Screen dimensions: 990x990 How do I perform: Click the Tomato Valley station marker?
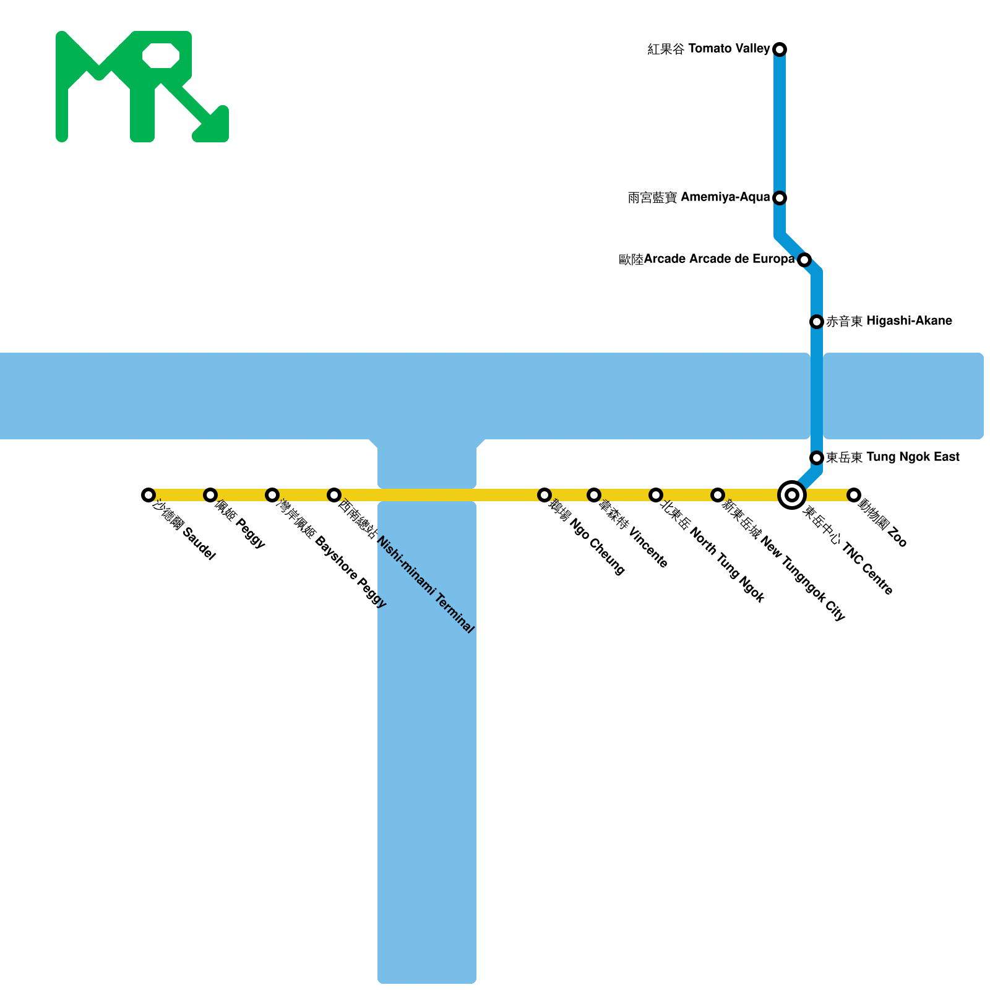click(780, 49)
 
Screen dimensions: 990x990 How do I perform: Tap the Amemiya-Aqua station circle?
click(780, 197)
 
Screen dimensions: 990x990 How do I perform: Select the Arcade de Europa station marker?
click(804, 259)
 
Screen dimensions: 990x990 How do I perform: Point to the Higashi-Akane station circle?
click(817, 321)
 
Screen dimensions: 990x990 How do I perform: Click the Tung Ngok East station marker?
click(817, 457)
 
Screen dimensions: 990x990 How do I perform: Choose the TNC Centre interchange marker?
click(792, 494)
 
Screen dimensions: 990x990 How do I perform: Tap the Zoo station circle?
click(854, 494)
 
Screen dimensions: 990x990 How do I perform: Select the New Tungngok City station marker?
click(718, 494)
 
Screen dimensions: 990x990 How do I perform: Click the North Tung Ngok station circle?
click(656, 494)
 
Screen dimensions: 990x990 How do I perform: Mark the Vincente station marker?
click(594, 494)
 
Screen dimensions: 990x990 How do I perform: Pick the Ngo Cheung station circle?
click(544, 494)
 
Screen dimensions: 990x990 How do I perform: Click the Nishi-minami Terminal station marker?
click(334, 494)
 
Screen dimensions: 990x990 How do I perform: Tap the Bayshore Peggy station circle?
click(272, 494)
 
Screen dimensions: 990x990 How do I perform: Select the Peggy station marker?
click(210, 494)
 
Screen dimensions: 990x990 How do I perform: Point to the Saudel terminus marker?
click(148, 494)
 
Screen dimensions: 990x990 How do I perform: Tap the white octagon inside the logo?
click(161, 56)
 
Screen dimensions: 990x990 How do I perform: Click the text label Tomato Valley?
click(708, 49)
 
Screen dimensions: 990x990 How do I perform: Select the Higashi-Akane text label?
click(889, 321)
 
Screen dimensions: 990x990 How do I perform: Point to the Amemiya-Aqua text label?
click(699, 197)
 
